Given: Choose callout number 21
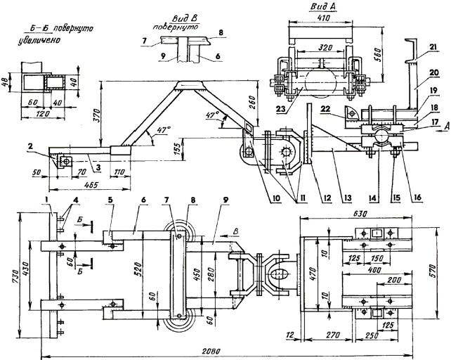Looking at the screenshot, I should (x=433, y=47).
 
